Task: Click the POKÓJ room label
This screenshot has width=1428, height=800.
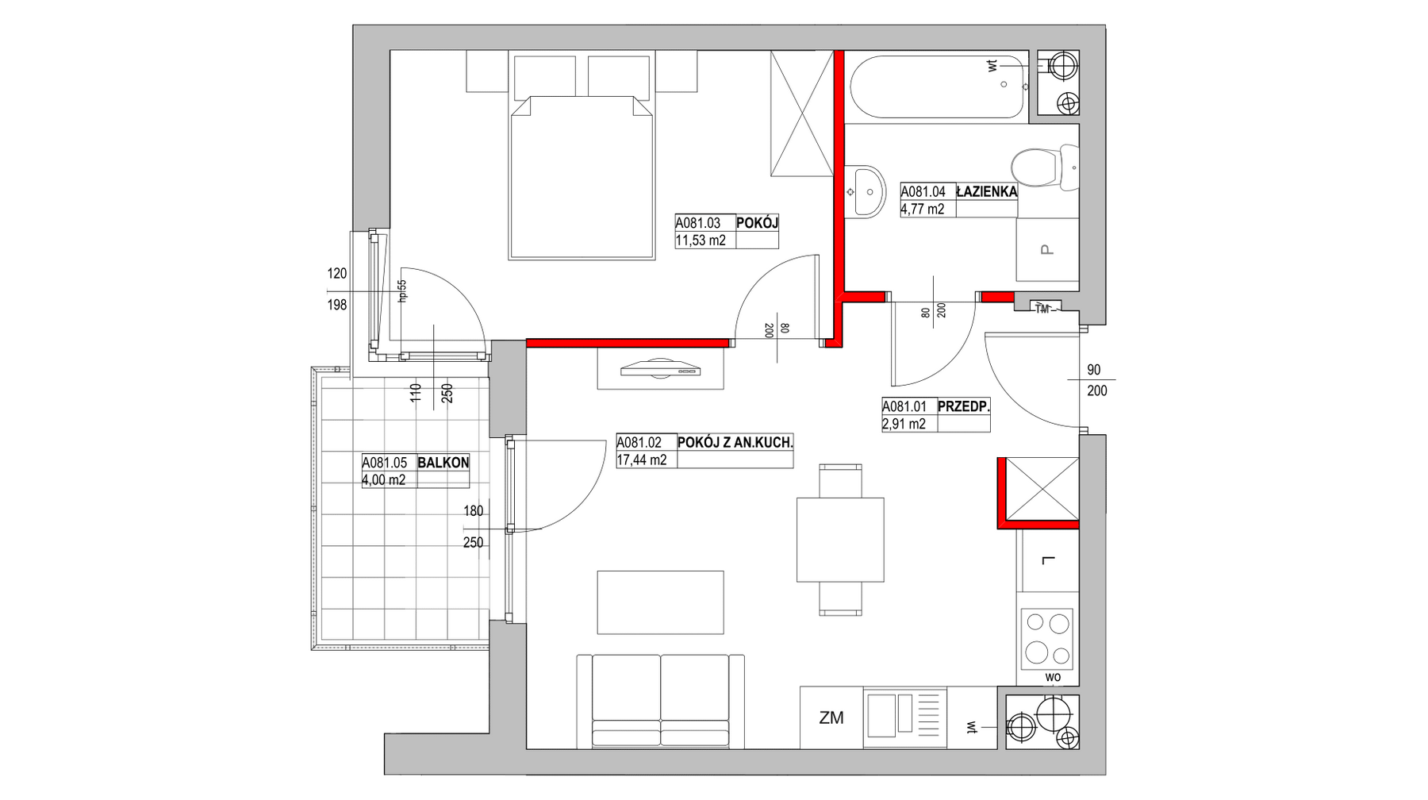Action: (757, 223)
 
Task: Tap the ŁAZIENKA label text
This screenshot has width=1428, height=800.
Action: (986, 191)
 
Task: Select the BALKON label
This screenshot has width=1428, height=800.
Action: (443, 463)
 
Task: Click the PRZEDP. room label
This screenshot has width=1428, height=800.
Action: (963, 406)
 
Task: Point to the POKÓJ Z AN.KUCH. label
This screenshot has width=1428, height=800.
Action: (735, 442)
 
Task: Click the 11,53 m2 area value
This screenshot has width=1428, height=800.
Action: (701, 241)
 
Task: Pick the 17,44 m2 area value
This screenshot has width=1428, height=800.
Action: (642, 460)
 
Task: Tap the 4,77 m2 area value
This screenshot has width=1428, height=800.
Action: (923, 210)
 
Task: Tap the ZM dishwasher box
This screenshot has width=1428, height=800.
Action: (831, 717)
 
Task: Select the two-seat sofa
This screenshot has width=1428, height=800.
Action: (661, 702)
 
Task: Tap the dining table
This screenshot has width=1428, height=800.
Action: (840, 540)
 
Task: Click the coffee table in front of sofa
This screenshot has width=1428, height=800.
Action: (660, 602)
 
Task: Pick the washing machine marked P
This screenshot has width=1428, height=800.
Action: (1047, 250)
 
